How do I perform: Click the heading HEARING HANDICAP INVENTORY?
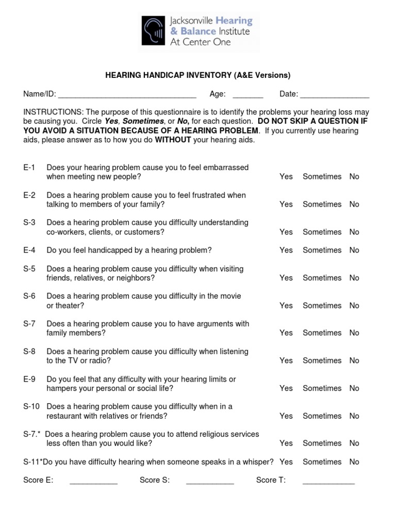tap(198, 75)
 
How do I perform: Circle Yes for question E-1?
tap(286, 176)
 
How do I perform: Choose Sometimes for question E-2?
tap(322, 204)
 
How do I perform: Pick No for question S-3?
tap(354, 232)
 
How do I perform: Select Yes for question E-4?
tap(286, 250)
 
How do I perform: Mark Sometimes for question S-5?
tap(322, 278)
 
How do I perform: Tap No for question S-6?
tap(354, 305)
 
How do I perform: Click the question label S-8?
tap(29, 352)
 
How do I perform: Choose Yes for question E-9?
tap(286, 388)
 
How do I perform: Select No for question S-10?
tap(354, 416)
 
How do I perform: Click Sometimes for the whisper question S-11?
tap(322, 462)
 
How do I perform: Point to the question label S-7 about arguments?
tap(29, 324)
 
